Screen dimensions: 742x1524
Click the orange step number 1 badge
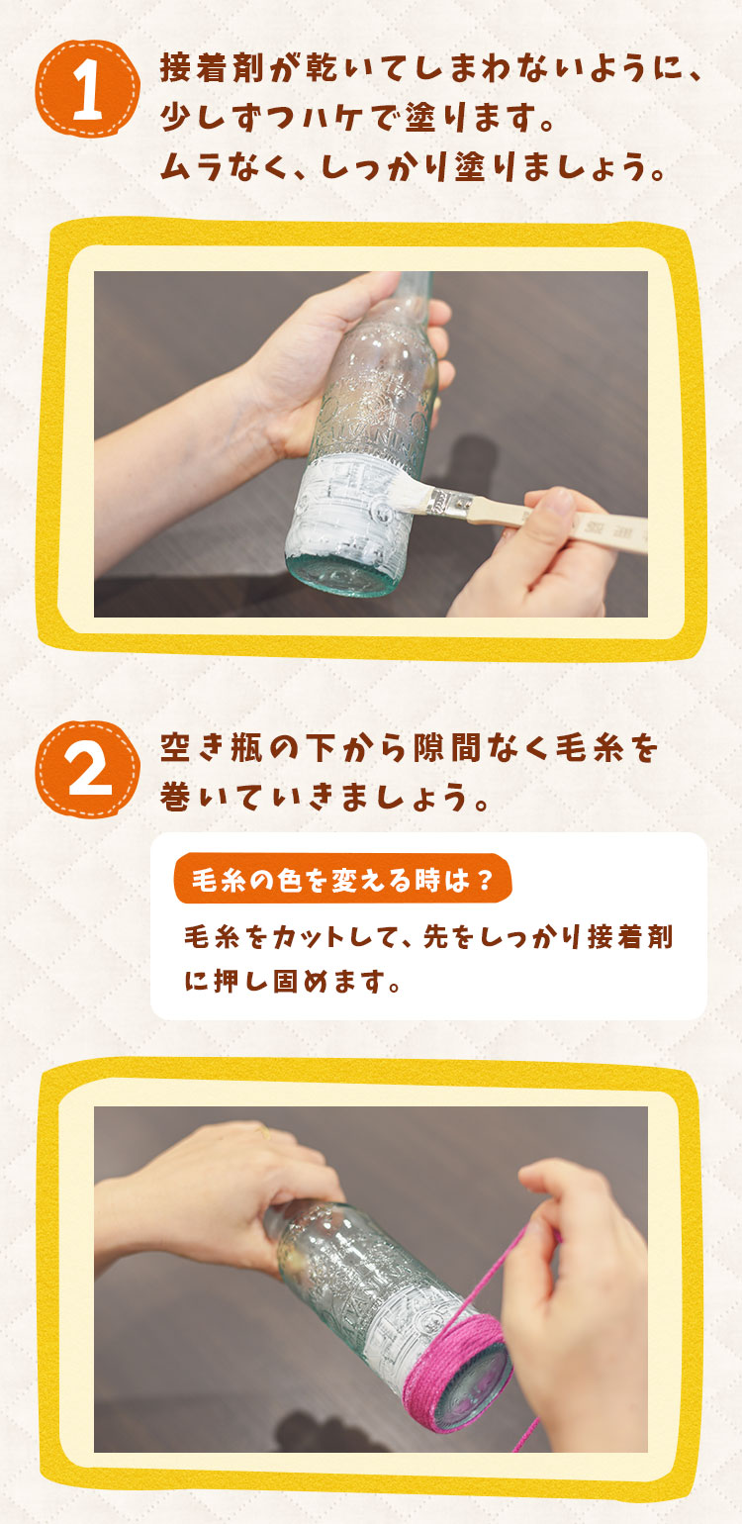[88, 88]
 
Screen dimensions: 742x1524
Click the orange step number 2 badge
[88, 768]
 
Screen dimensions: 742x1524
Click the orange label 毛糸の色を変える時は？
[342, 879]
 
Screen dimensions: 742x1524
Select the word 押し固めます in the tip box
[306, 981]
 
